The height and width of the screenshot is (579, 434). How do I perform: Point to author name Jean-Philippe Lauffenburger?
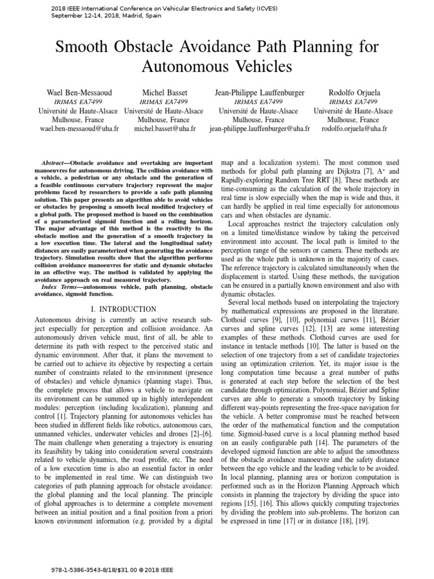click(x=259, y=92)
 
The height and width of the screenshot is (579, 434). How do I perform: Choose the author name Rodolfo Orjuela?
click(x=354, y=92)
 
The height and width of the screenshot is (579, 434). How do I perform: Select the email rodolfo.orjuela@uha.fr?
click(x=354, y=129)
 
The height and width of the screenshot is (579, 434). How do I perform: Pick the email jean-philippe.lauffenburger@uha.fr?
click(x=259, y=129)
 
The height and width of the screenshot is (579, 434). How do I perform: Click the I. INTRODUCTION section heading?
click(x=124, y=309)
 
